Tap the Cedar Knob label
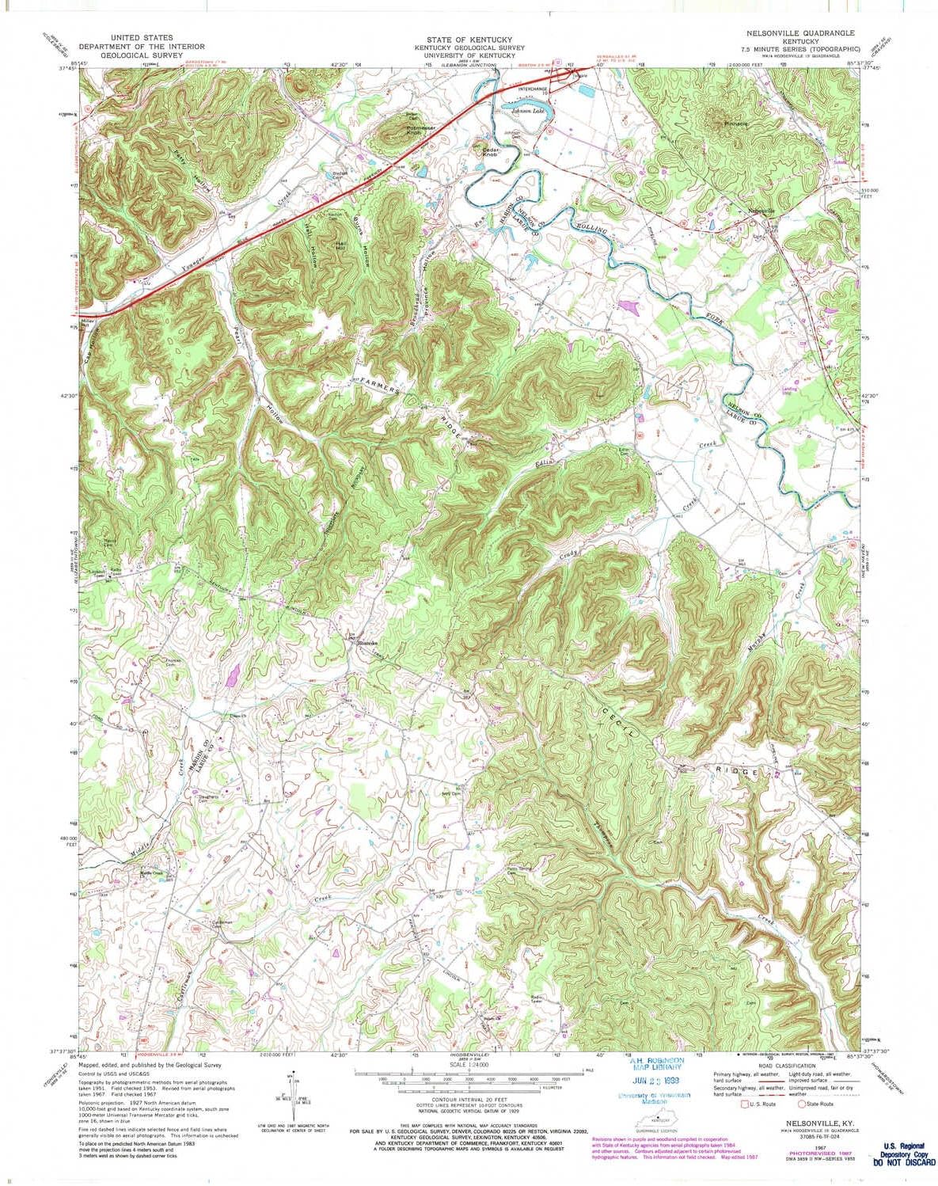[492, 152]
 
